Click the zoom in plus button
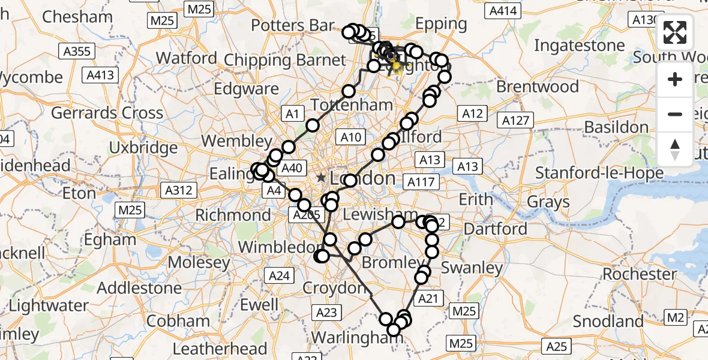pyautogui.click(x=675, y=79)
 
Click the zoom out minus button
pyautogui.click(x=675, y=114)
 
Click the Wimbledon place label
pyautogui.click(x=280, y=247)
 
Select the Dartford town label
pyautogui.click(x=495, y=229)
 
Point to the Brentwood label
pyautogui.click(x=538, y=86)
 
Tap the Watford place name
pyautogui.click(x=186, y=58)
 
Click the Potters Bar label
pyautogui.click(x=292, y=25)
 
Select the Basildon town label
pyautogui.click(x=616, y=127)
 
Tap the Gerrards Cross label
pyautogui.click(x=107, y=113)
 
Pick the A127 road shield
pyautogui.click(x=516, y=121)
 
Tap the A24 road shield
pyautogui.click(x=279, y=275)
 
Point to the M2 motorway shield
pyautogui.click(x=676, y=317)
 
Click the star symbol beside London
pyautogui.click(x=322, y=178)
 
